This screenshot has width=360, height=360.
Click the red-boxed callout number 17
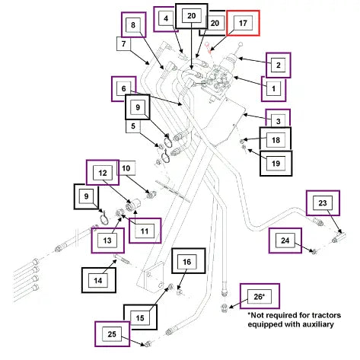pyautogui.click(x=243, y=23)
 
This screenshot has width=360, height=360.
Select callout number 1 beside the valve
pyautogui.click(x=273, y=88)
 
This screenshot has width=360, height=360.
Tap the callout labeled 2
pyautogui.click(x=278, y=65)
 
